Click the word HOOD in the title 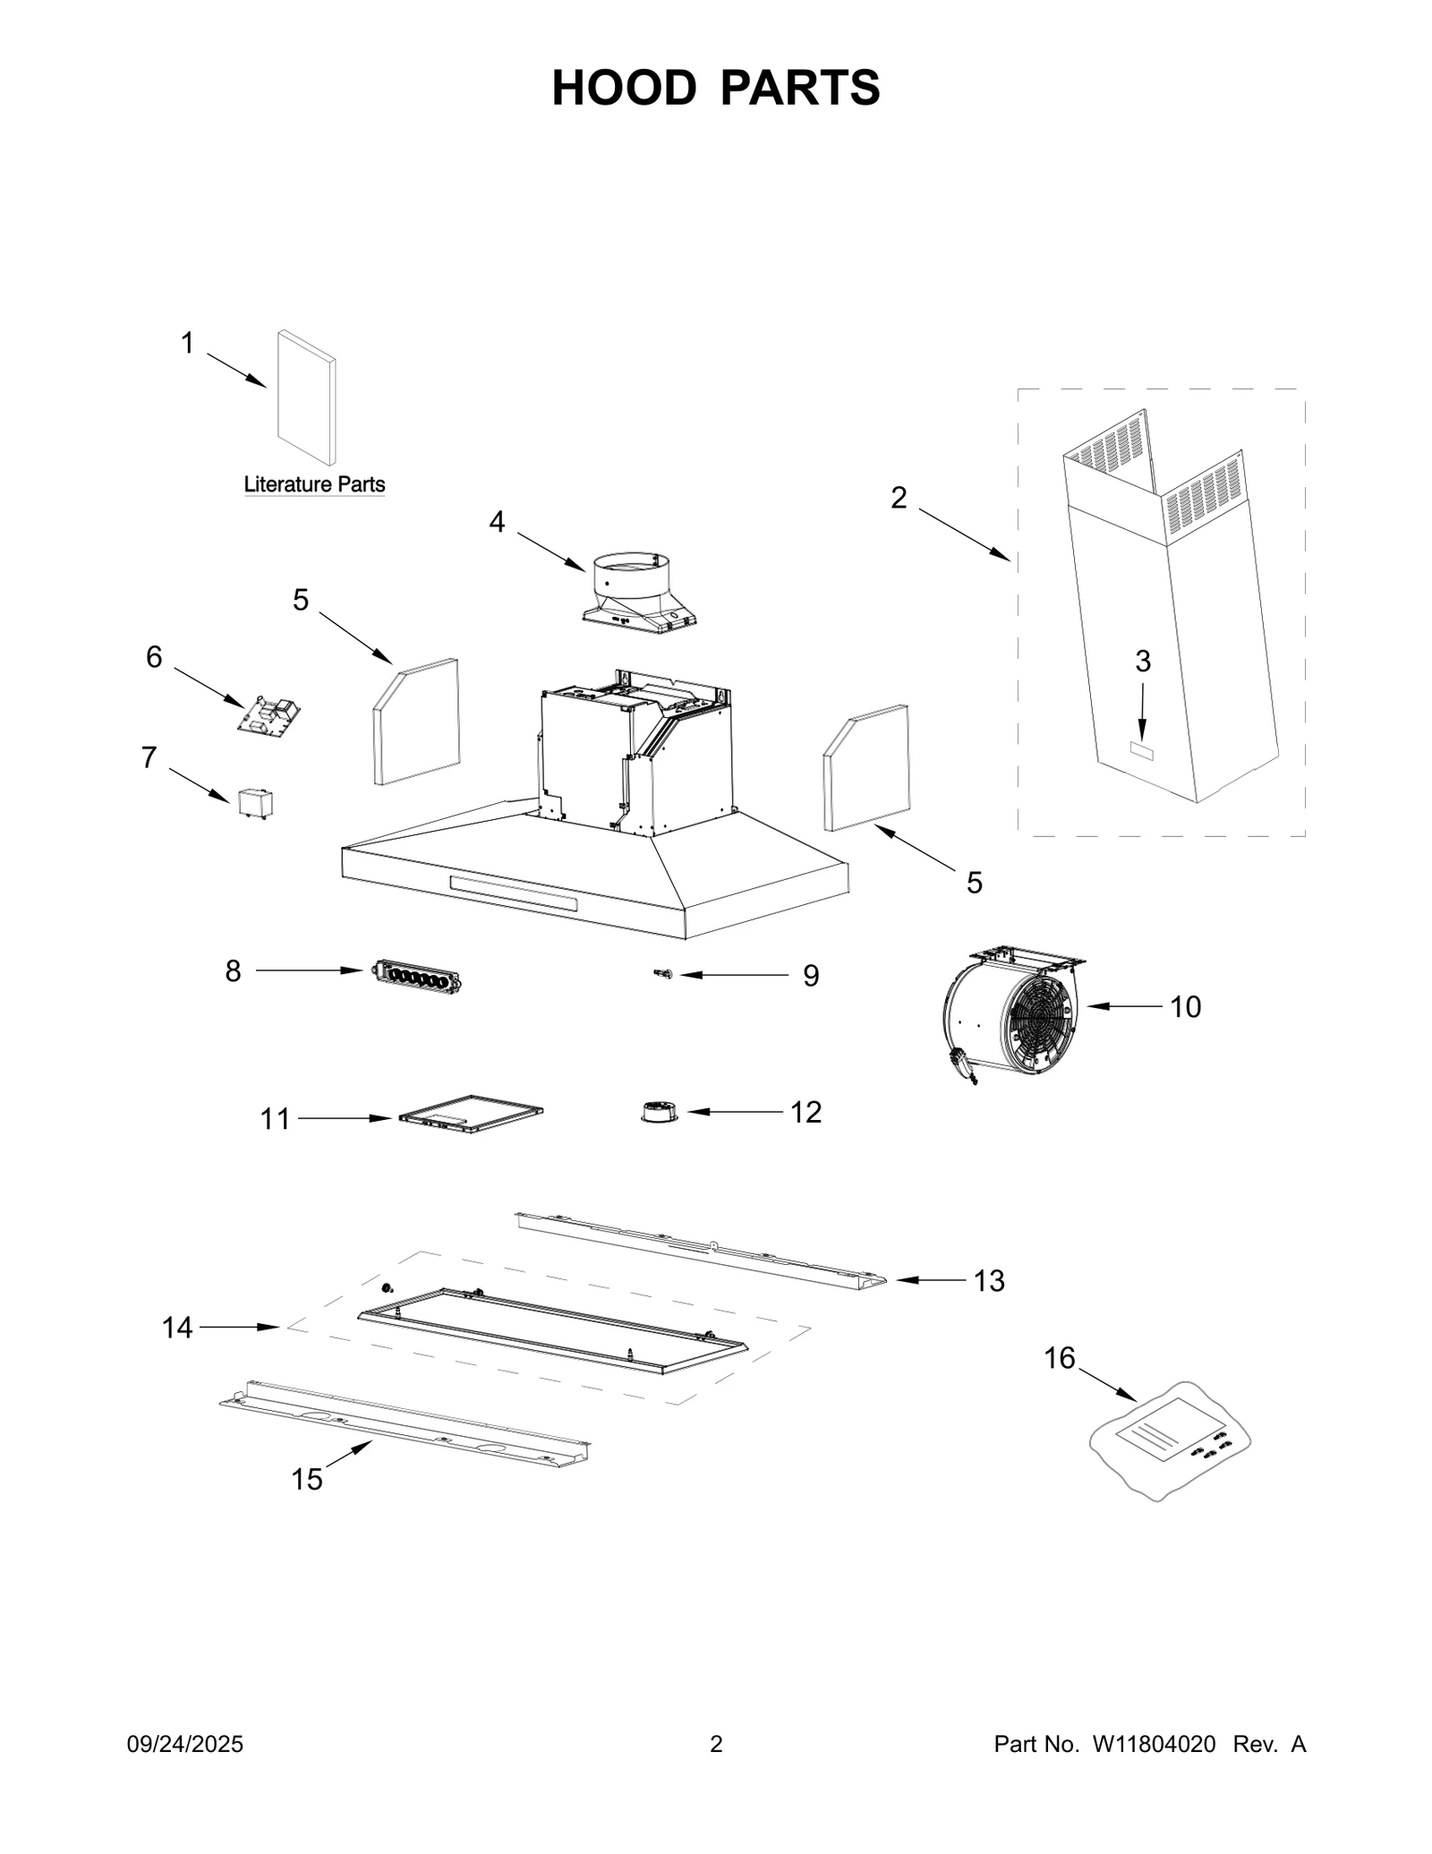(623, 88)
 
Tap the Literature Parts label (314, 484)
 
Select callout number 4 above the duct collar (497, 522)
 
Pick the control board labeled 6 (268, 714)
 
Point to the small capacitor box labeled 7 (256, 803)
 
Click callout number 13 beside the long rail (989, 1281)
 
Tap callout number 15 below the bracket (306, 1480)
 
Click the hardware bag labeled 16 (1168, 1439)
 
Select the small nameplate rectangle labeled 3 (1141, 752)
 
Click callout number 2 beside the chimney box (899, 498)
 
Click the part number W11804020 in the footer (1153, 1744)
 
